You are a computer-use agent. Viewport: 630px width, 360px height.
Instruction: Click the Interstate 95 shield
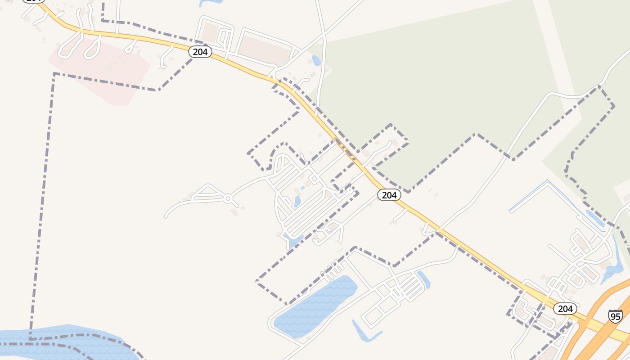coord(615,316)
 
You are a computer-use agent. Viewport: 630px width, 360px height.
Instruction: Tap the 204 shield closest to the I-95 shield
coord(565,309)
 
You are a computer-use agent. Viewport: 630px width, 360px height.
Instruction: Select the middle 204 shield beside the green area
coord(389,195)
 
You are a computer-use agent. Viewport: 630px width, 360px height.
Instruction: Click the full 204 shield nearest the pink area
coord(200,52)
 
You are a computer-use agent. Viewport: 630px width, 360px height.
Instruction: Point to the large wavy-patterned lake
coord(315,306)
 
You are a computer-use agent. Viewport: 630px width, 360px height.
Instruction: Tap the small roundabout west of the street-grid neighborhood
coord(228,198)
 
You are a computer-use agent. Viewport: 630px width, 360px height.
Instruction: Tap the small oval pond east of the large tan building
coord(316,60)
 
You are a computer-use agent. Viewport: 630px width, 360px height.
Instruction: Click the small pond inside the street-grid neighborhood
coord(297,201)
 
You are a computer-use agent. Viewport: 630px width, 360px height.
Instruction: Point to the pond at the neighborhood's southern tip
coord(293,241)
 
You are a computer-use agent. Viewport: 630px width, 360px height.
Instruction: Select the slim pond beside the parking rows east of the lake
coord(424,279)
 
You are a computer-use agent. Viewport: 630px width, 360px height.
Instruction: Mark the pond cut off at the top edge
coord(211,2)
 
